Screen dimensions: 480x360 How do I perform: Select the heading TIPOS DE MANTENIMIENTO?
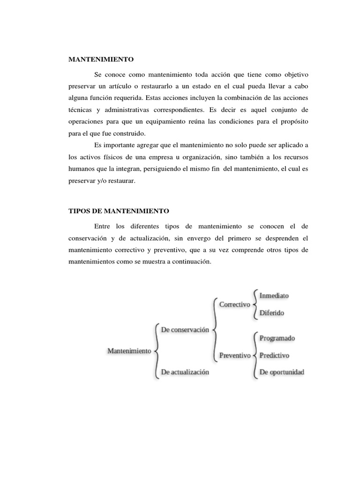(x=119, y=211)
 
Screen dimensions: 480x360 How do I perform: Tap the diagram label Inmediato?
(x=274, y=296)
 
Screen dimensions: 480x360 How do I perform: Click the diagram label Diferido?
(x=272, y=313)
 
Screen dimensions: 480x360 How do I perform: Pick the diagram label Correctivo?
(x=235, y=304)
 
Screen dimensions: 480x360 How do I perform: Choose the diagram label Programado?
(x=277, y=338)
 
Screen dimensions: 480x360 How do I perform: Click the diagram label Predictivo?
(x=274, y=355)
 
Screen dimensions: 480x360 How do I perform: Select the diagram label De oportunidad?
(x=282, y=372)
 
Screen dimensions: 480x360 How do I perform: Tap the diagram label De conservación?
(x=185, y=330)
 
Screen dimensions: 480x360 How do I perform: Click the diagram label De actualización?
(x=185, y=372)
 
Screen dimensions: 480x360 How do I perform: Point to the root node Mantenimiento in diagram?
(x=129, y=351)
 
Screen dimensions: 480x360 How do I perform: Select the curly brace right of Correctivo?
(x=254, y=304)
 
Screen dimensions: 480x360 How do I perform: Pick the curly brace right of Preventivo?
(x=255, y=355)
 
